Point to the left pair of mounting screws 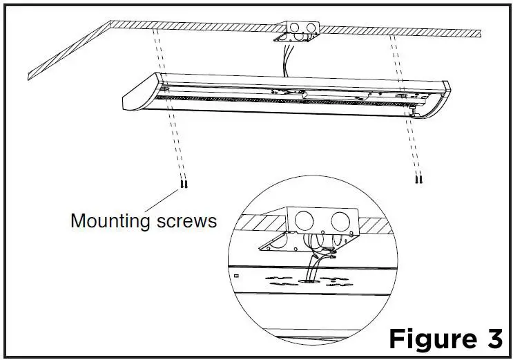[x=183, y=184]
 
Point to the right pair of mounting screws [x=418, y=180]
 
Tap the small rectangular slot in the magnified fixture [x=236, y=275]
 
